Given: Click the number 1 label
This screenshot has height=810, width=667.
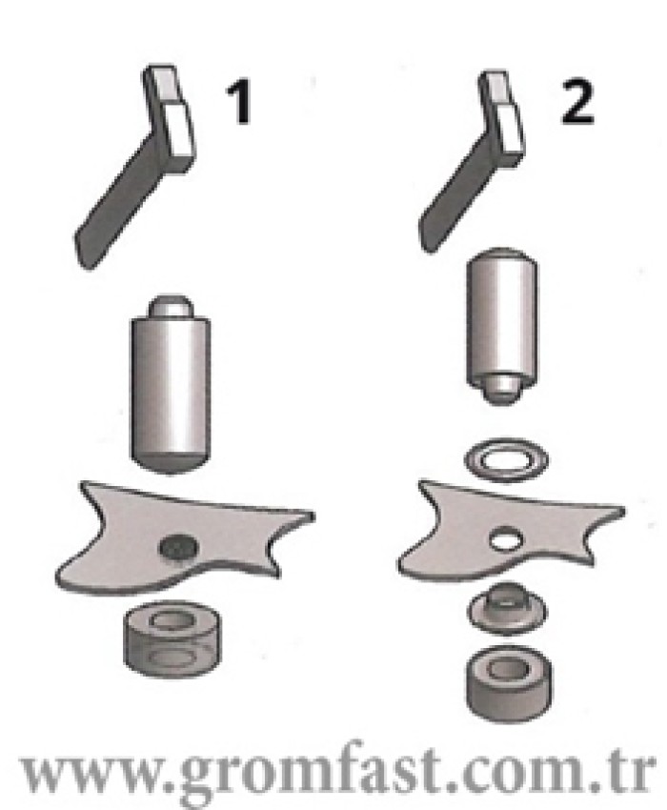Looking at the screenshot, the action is pyautogui.click(x=238, y=102).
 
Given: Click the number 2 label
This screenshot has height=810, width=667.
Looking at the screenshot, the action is pyautogui.click(x=577, y=102).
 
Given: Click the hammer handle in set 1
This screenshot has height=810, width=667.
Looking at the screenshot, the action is pyautogui.click(x=116, y=202).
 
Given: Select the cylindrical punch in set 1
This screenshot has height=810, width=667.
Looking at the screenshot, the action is pyautogui.click(x=171, y=384).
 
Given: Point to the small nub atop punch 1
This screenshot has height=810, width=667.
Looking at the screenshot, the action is pyautogui.click(x=171, y=307).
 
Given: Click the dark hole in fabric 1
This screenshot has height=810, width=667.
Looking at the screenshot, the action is pyautogui.click(x=179, y=548).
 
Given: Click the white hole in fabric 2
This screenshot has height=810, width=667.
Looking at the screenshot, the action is pyautogui.click(x=506, y=538).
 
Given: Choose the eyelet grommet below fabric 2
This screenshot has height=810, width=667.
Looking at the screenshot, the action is pyautogui.click(x=507, y=609).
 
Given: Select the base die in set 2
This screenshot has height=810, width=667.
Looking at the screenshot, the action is pyautogui.click(x=509, y=683).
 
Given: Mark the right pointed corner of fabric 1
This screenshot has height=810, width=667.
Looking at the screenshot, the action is pyautogui.click(x=313, y=515).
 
